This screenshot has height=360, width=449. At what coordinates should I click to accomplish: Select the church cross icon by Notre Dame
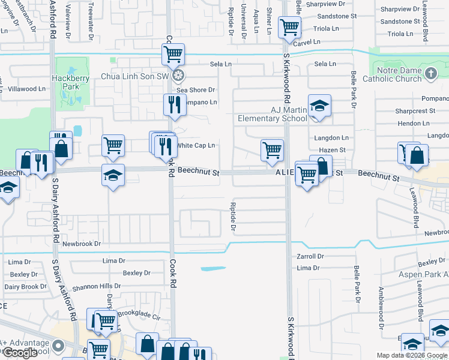click(x=430, y=74)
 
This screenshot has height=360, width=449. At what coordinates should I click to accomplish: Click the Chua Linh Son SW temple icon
click(x=178, y=76)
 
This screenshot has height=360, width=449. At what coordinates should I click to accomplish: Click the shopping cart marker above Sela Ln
click(x=173, y=55)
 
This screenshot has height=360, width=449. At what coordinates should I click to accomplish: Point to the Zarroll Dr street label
click(x=310, y=256)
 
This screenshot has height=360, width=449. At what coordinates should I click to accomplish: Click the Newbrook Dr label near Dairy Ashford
click(x=82, y=244)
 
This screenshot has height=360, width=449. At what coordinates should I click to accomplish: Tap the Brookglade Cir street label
click(x=139, y=313)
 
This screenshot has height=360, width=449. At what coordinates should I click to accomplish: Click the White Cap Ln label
click(x=195, y=145)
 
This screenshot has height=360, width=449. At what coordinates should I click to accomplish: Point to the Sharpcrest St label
click(x=415, y=111)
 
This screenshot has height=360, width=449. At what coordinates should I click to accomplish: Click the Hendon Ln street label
click(x=414, y=123)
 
